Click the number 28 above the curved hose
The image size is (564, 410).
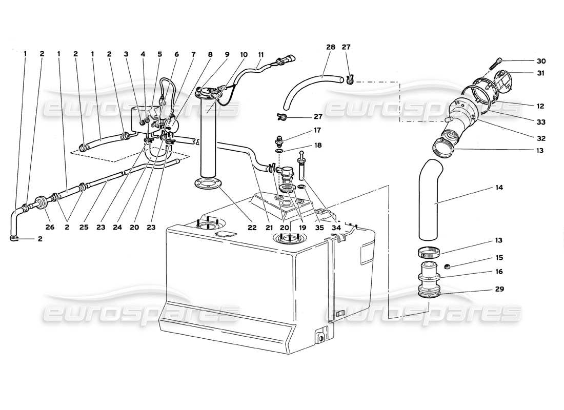click(x=331, y=47)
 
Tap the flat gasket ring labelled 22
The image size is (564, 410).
click(x=207, y=183)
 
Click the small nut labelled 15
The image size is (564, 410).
click(x=447, y=266)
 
